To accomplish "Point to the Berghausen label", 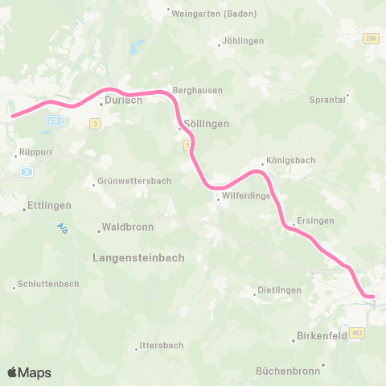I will pos(198,91).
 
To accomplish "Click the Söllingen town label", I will pos(207,125).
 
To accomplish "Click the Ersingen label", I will pos(315,221).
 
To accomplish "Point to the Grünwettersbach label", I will pos(133,181).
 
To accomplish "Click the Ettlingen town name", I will pos(49,206).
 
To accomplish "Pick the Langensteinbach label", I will pos(138,258).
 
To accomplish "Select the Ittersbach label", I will pos(161,345).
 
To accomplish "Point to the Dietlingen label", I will pos(278,289).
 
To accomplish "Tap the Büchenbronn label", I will pos(288,371).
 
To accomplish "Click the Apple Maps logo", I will pos(29,372).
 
